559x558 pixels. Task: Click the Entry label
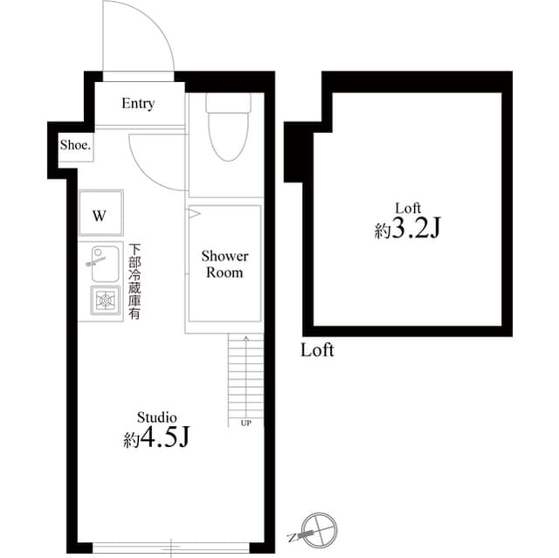(138, 104)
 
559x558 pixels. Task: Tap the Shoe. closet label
(75, 146)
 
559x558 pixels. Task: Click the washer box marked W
(100, 215)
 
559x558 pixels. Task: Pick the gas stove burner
(106, 300)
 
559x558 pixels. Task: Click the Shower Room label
(224, 264)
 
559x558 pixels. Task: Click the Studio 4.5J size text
(156, 439)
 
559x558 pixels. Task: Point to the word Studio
(156, 417)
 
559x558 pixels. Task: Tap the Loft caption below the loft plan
(317, 351)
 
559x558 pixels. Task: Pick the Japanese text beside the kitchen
(135, 281)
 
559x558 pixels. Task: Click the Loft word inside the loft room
(409, 208)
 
